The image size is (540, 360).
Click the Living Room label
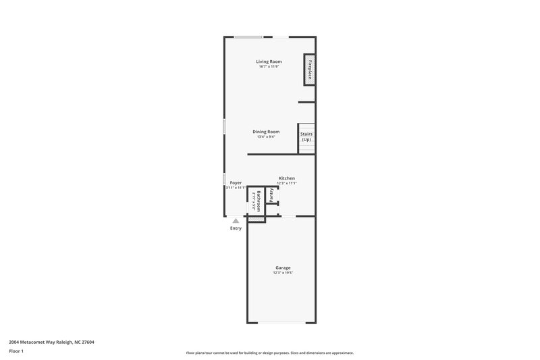pos(269,61)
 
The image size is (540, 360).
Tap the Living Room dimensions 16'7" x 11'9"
pos(269,67)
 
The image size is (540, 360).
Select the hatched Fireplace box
pos(309,70)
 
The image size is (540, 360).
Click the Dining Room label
pos(266,131)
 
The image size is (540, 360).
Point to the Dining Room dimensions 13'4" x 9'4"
pos(266,136)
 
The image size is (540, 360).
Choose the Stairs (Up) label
pos(306,136)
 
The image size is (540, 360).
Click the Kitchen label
pos(287,178)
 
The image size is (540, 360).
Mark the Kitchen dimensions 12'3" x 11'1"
pos(287,183)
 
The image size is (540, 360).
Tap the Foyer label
pos(236,182)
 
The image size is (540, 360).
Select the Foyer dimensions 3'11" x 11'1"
pos(236,188)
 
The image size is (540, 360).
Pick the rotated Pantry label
pos(271,195)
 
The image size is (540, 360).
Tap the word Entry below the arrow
pos(236,228)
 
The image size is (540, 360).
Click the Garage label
pos(283,267)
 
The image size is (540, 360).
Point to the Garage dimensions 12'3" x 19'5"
pos(283,273)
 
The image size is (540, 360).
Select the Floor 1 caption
pos(16,351)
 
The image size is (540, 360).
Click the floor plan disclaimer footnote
pos(270,353)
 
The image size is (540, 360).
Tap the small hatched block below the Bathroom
pos(255,219)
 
